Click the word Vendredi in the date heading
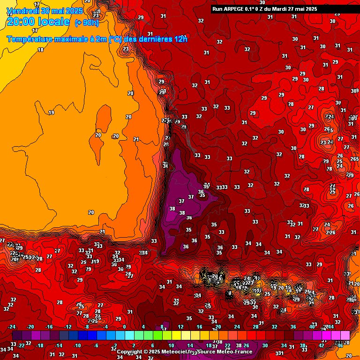(21, 11)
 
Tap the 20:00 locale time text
(38, 22)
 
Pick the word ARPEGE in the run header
(236, 8)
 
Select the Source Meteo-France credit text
(225, 352)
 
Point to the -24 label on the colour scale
(12, 327)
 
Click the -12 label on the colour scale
(68, 327)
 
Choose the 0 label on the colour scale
(124, 327)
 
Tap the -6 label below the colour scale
(96, 345)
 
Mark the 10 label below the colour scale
(171, 345)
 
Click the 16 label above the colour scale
(199, 327)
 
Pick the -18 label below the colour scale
(40, 345)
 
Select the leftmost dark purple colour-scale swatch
(17, 336)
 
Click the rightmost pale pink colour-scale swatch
(345, 336)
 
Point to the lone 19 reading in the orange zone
(51, 112)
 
